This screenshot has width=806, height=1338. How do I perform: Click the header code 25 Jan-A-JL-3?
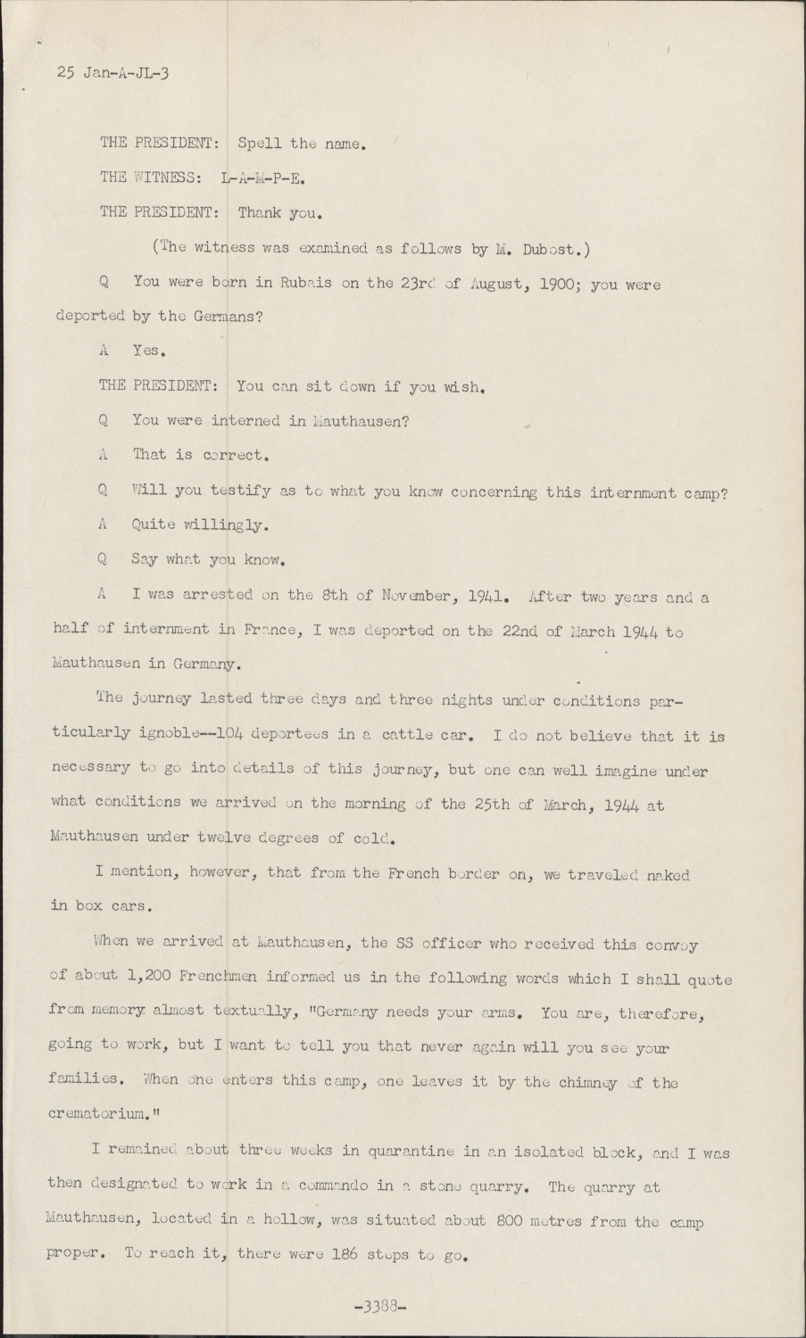pos(112,73)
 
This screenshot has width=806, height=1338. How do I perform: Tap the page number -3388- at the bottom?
pos(380,1309)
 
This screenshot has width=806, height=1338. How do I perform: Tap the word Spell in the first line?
pos(260,142)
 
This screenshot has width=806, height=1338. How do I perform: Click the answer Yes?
pos(148,351)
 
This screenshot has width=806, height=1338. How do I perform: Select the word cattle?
pos(408,736)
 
